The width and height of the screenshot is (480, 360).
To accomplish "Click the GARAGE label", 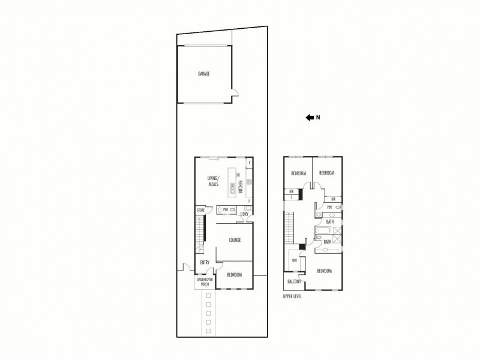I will [204, 74].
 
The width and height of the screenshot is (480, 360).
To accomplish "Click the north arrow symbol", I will [310, 118].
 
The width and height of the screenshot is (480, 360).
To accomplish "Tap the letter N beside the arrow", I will [319, 118].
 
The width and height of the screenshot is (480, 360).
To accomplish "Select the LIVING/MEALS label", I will [214, 181].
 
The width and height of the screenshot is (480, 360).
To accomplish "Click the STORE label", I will [201, 210].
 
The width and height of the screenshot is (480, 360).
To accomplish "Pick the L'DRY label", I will [244, 214].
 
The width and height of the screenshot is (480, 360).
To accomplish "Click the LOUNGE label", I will [235, 240].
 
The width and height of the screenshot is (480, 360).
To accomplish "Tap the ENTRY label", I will [205, 262].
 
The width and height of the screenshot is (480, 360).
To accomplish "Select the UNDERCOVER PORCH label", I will [204, 281].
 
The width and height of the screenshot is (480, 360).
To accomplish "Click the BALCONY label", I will [293, 281].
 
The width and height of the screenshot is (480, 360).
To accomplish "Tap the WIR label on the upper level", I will [295, 261].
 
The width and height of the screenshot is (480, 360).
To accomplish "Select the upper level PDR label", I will [329, 207].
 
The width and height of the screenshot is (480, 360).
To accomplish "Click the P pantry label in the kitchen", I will [249, 163].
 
